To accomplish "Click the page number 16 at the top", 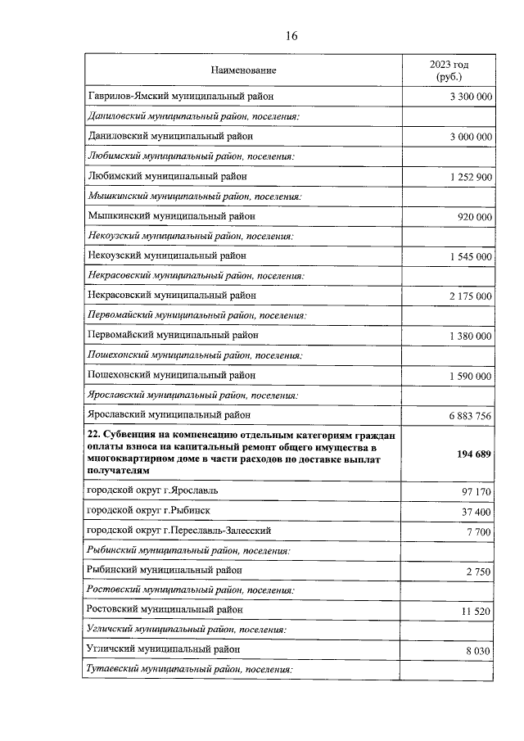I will point(291,35).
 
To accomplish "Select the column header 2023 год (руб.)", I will point(449,70).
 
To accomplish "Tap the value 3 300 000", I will point(471,97).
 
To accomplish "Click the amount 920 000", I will point(475,217).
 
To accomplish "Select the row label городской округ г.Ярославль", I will point(153,490).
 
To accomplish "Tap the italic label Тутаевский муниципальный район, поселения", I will point(189,670).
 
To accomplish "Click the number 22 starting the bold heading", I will point(93,433).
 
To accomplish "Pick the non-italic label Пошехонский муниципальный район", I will point(171,375).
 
